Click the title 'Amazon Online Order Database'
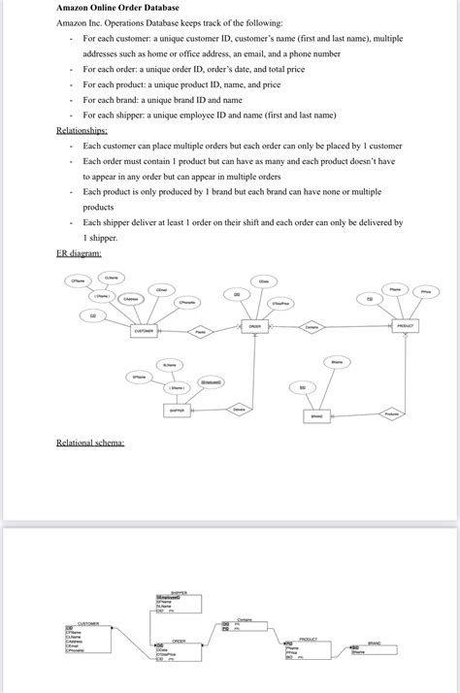click(117, 8)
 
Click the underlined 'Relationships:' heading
click(82, 129)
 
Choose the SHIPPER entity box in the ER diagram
click(178, 410)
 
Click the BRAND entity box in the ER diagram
click(316, 415)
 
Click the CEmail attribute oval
click(161, 288)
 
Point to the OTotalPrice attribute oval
click(281, 303)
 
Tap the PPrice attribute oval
click(426, 290)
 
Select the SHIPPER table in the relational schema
click(178, 602)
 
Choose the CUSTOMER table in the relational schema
click(88, 641)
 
